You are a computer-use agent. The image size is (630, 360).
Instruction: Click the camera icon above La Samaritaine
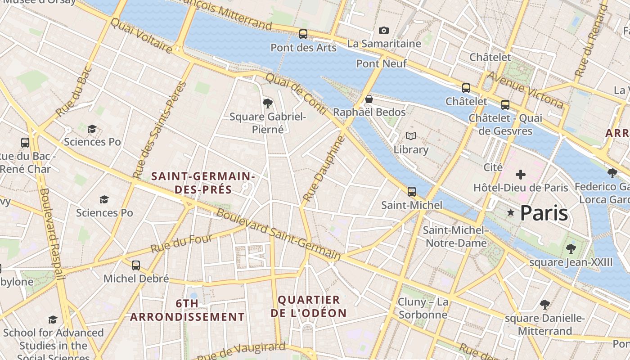pos(383,30)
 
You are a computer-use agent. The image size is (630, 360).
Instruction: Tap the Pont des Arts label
pos(303,48)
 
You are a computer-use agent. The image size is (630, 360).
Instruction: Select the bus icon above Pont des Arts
pos(303,34)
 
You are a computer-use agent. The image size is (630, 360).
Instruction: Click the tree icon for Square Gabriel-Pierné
pos(267,103)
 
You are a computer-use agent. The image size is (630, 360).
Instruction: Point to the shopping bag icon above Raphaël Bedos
pos(369,99)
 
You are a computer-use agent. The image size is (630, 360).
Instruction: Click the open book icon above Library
pos(410,136)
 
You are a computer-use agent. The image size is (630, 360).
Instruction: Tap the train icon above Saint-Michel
pos(411,192)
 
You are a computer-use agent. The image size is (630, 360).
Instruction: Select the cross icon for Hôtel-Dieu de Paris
pos(521,174)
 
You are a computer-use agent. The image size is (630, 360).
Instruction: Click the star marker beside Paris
pos(510,212)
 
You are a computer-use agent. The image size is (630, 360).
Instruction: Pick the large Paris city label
pos(544,213)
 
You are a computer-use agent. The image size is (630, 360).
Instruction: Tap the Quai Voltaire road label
pos(141,36)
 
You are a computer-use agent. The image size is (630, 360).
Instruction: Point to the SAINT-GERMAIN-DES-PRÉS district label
pos(203,183)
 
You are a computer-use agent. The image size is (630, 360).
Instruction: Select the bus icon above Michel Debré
pos(136,265)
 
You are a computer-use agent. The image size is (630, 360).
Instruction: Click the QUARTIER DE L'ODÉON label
pos(309,306)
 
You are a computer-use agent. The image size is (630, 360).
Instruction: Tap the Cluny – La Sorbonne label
pos(423,308)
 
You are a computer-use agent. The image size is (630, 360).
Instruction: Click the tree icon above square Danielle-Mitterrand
pos(544,305)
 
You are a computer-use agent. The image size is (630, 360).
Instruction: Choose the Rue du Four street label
pos(181,243)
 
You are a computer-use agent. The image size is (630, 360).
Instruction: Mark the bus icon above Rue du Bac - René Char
pos(25,143)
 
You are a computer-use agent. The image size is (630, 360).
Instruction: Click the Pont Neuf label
pos(381,64)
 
